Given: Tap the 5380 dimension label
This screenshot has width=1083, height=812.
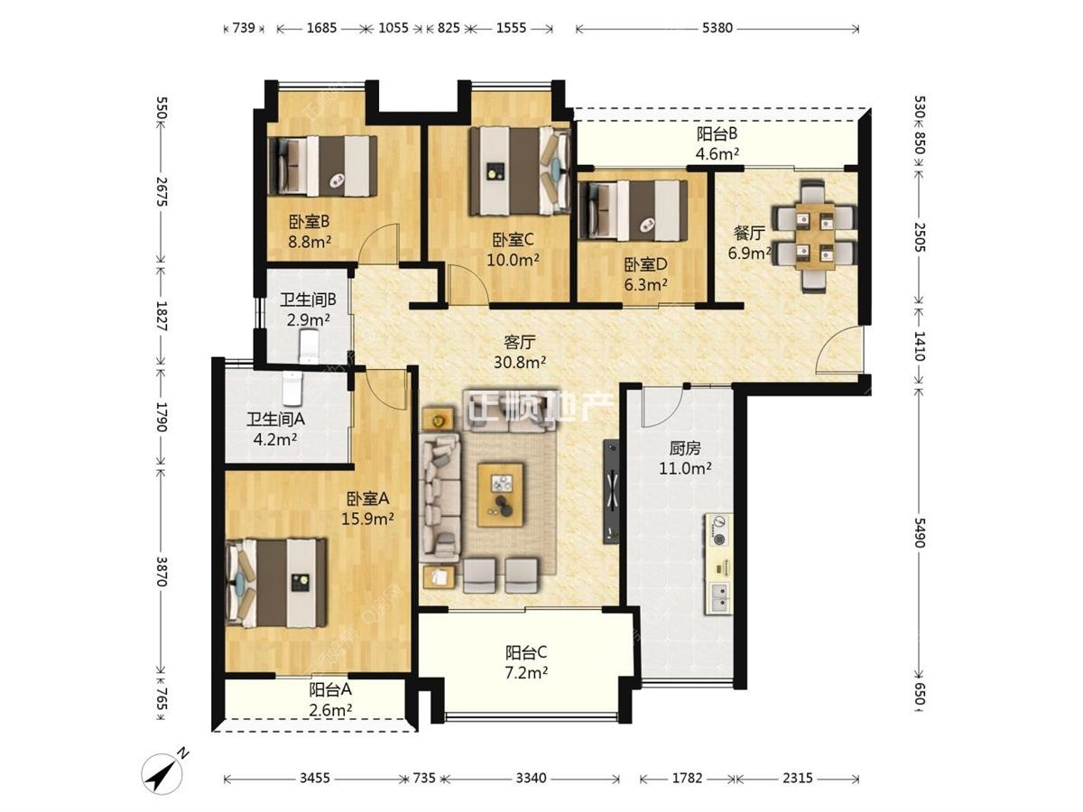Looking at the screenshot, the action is point(717,28).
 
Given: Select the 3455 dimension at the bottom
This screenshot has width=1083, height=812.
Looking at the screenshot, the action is point(314,778).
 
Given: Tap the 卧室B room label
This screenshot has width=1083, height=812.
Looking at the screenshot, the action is point(309,222).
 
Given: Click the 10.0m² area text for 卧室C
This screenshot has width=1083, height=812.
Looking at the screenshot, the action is point(513,260).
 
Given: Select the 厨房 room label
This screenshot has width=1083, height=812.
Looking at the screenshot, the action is point(685,448).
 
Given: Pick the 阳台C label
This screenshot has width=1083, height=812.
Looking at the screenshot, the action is point(526,652).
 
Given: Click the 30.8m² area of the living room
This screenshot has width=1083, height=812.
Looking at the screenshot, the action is point(520,363).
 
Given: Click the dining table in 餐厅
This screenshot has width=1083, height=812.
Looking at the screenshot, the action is point(814,236).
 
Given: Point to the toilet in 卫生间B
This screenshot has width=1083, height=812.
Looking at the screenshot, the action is point(310,346).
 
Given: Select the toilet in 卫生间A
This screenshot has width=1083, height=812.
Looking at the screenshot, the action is point(292,388).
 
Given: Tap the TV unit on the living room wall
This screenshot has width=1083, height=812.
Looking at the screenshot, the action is point(611,491).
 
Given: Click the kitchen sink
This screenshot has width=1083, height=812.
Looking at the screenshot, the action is point(719,597).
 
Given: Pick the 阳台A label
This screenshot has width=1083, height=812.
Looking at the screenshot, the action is point(330,689).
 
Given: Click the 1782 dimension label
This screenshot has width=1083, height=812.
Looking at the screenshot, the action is point(687,778).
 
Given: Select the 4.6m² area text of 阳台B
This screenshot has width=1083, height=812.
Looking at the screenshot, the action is point(717,154).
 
